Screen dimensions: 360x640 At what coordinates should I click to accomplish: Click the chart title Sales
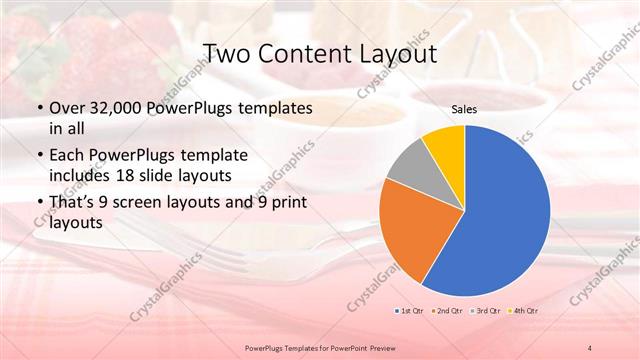click(x=464, y=110)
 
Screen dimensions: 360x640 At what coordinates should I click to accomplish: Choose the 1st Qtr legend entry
click(x=410, y=312)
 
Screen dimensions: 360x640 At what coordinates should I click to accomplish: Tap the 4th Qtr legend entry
click(x=527, y=312)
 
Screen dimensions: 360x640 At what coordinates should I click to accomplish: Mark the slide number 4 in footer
click(x=590, y=347)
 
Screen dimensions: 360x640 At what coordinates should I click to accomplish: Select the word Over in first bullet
click(x=64, y=108)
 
